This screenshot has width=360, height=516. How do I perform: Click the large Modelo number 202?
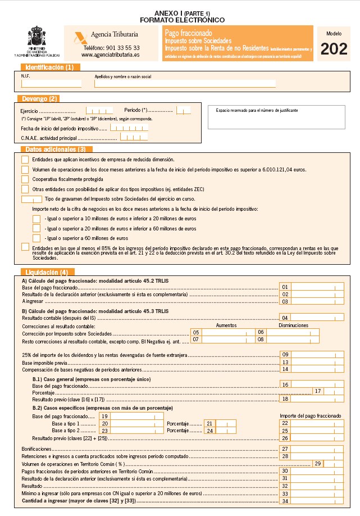(334, 50)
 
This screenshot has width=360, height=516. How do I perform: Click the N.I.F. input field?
(51, 83)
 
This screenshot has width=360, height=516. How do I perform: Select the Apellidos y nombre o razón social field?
(185, 83)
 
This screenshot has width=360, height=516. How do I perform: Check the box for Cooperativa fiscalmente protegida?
(25, 179)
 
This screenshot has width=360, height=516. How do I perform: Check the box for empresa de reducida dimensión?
(25, 160)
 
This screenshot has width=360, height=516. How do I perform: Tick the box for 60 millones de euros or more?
(37, 238)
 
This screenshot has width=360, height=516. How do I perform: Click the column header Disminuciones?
(293, 325)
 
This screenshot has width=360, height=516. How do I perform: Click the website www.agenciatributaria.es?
(110, 55)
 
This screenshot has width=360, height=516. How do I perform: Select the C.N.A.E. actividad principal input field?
(134, 137)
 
